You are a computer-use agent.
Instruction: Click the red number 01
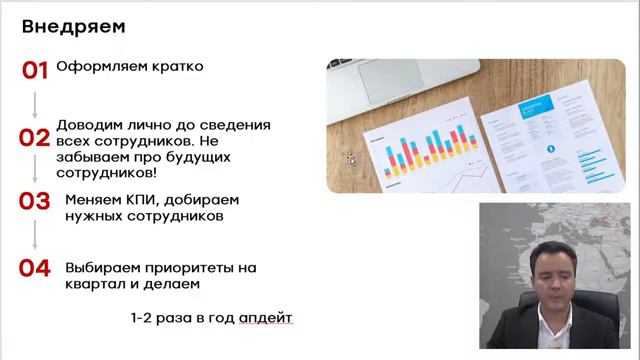tap(35, 70)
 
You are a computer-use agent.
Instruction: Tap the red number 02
tap(34, 139)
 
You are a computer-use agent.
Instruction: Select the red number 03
tap(34, 200)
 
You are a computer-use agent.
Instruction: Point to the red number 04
tap(34, 268)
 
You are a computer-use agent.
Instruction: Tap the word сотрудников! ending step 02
tap(99, 173)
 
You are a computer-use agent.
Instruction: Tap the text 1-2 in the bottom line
tap(140, 317)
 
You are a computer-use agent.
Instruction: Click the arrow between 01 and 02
tap(35, 104)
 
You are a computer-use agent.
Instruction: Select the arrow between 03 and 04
tap(35, 234)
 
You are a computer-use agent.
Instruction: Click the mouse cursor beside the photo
tap(350, 157)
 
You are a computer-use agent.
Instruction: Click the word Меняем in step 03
tap(92, 200)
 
